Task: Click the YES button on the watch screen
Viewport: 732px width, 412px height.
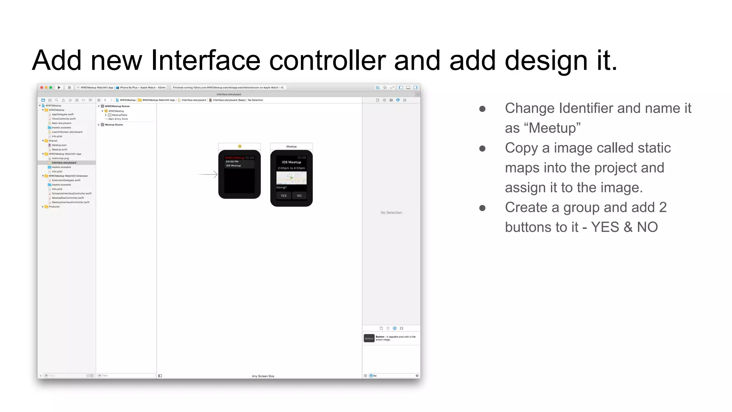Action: (283, 196)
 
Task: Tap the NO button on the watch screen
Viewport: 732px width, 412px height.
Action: (299, 196)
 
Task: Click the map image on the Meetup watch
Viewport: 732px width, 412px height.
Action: (291, 178)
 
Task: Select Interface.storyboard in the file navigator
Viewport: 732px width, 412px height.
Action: (64, 163)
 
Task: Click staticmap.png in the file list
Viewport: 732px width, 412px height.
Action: (60, 158)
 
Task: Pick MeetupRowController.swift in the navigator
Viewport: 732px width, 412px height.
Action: (68, 198)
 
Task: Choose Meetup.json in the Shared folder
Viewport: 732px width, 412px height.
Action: (59, 145)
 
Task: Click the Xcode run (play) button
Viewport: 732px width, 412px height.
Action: (59, 88)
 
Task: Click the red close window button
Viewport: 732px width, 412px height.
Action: (42, 88)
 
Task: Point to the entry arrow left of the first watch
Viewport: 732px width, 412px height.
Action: (208, 175)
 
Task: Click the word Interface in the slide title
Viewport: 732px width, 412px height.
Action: (206, 60)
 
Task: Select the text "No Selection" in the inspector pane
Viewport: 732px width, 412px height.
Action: (391, 213)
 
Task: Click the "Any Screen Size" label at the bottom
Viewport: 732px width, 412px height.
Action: (263, 376)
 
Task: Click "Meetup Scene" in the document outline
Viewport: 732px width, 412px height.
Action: (114, 125)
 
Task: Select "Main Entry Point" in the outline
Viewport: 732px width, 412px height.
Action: (118, 119)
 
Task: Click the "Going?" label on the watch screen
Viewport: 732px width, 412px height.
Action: (281, 187)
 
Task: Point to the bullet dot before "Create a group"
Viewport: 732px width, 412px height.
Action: (482, 208)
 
